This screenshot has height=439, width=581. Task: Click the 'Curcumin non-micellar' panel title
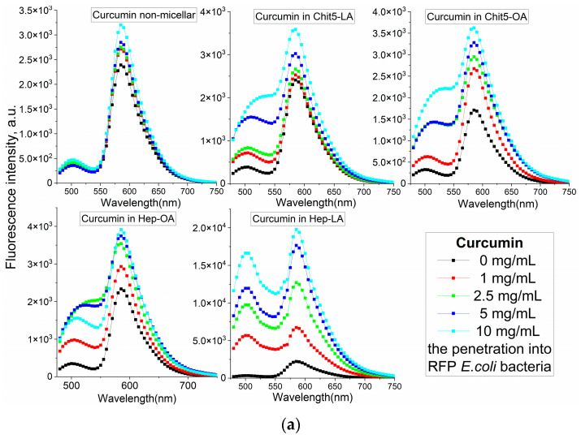[x=144, y=15]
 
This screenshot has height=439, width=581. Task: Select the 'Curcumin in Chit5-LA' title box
[x=304, y=17]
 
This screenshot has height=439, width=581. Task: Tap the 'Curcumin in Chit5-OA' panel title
[x=477, y=17]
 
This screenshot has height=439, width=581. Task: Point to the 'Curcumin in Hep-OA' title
[x=128, y=219]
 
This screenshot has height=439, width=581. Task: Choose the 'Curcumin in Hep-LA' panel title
[x=297, y=219]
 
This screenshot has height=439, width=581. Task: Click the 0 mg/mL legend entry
[x=487, y=260]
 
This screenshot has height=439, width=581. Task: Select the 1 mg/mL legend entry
[x=487, y=278]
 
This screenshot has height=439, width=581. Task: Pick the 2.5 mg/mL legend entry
[x=489, y=295]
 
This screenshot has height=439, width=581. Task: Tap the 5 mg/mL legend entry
[x=487, y=313]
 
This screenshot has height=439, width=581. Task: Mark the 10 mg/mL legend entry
[x=488, y=331]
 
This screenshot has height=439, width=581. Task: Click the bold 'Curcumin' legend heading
[x=489, y=243]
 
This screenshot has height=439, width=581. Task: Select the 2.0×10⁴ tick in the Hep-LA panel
[x=209, y=228]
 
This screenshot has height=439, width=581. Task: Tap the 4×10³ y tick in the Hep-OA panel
[x=41, y=226]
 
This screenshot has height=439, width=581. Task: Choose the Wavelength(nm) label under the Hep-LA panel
[x=313, y=397]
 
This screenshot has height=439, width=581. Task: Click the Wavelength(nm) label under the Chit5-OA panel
[x=497, y=203]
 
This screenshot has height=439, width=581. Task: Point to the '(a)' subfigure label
[x=291, y=425]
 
